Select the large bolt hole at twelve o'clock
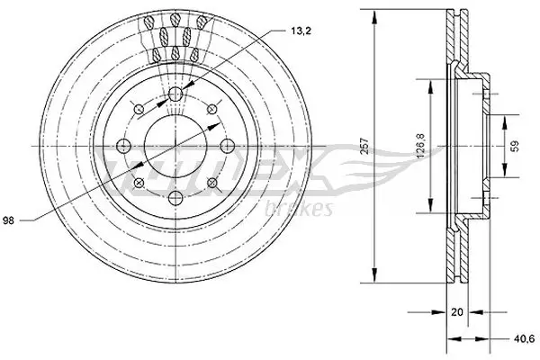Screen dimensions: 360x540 point(175,96)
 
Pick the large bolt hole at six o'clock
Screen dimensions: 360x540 point(175,197)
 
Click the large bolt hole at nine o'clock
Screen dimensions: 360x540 point(124,147)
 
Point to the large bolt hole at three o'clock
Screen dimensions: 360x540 point(225,147)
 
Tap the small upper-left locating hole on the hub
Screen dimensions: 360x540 point(139,111)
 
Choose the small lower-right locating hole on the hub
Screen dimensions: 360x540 point(211,184)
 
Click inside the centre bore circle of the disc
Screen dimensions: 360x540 point(175,147)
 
